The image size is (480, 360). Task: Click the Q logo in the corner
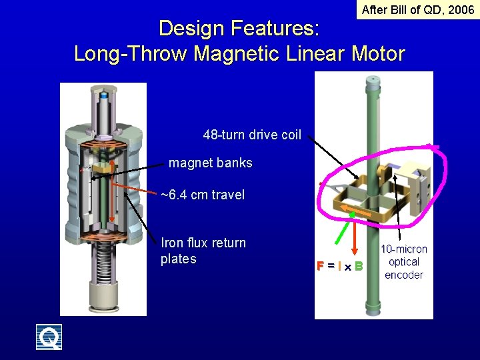point(49,337)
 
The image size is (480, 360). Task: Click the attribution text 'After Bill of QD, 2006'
point(417,9)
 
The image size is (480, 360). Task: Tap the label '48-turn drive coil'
point(252,135)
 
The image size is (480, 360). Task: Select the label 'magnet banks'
point(211,163)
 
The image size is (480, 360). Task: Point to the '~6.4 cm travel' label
point(203,195)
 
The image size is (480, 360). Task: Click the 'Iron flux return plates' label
point(203,251)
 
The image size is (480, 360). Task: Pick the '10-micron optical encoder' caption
point(404,262)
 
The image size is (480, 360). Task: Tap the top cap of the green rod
point(372,81)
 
